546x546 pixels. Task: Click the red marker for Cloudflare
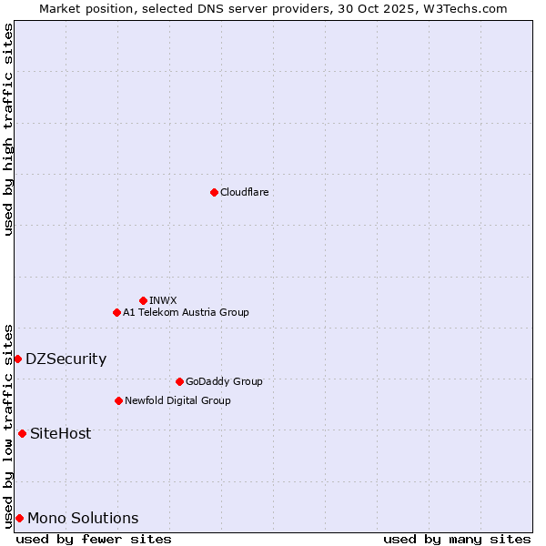tap(214, 192)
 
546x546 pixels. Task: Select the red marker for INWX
tap(143, 300)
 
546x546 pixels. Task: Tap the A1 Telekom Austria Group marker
tap(116, 312)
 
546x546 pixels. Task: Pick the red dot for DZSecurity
tap(17, 359)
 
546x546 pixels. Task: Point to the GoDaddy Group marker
tap(179, 381)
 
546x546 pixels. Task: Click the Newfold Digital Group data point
tap(118, 400)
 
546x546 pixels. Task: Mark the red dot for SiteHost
tap(22, 433)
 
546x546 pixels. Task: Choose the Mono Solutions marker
tap(19, 518)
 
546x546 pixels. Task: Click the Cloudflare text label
tap(244, 192)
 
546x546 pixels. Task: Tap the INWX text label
tap(163, 300)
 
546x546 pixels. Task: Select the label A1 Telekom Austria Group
tap(186, 312)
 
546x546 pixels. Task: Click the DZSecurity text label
tap(66, 359)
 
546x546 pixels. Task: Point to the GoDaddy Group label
tap(224, 381)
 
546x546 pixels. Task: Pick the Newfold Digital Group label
tap(177, 400)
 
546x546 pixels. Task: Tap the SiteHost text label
tap(60, 434)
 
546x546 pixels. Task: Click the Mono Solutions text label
tap(83, 519)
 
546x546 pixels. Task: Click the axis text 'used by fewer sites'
tap(94, 540)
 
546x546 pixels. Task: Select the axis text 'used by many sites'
tap(457, 540)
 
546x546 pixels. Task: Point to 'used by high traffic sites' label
tap(8, 130)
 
